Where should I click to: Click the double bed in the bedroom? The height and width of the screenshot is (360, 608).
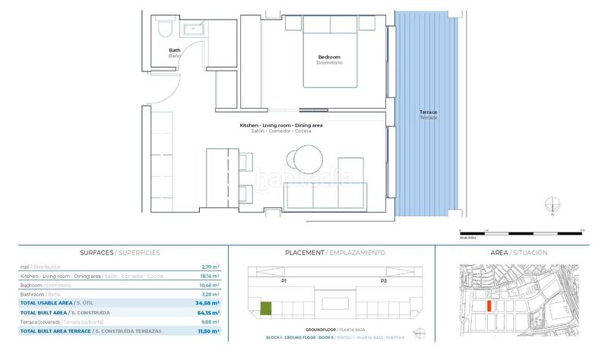(x=331, y=49)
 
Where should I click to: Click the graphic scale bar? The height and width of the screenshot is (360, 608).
(x=521, y=229)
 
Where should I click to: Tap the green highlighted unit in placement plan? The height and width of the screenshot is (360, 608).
(x=266, y=308)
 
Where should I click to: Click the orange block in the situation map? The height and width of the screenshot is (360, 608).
(x=489, y=306)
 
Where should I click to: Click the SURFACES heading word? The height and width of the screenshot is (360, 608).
(x=97, y=252)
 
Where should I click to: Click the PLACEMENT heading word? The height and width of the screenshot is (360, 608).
(x=304, y=252)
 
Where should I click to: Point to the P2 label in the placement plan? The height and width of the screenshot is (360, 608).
(x=384, y=280)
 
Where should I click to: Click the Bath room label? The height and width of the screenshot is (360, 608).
(x=174, y=50)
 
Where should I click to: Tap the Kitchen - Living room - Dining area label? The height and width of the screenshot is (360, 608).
(x=280, y=125)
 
